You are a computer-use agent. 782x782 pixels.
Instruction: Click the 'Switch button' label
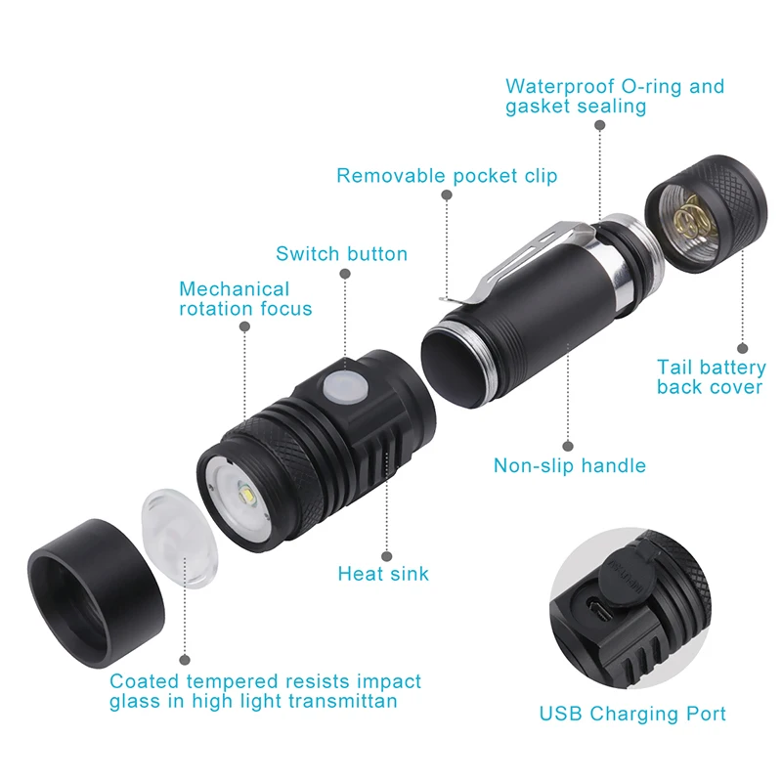click(x=341, y=254)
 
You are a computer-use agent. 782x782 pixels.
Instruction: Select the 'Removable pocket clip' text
click(x=447, y=176)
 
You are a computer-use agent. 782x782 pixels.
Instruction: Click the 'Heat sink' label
click(x=383, y=574)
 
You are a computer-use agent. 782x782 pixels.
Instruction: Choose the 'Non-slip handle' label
click(x=570, y=465)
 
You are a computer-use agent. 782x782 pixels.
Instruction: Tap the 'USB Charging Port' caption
click(x=632, y=714)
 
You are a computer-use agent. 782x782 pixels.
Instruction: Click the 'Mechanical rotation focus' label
click(x=245, y=299)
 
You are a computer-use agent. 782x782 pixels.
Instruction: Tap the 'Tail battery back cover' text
click(x=712, y=377)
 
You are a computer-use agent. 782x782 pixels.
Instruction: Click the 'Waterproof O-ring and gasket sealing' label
click(x=615, y=96)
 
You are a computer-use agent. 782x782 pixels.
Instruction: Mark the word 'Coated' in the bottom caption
click(x=145, y=681)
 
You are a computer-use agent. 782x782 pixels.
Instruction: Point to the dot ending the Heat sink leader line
click(x=387, y=552)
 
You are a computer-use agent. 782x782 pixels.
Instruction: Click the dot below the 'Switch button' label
click(x=344, y=277)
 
